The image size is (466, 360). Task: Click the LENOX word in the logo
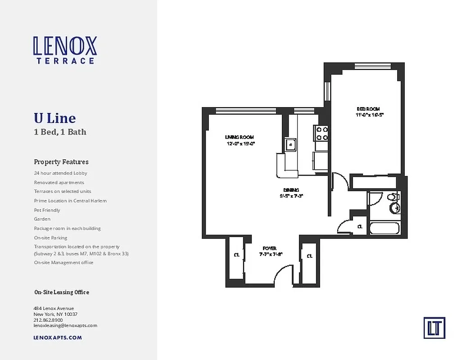pos(65,46)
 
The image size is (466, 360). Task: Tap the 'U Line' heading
pos(54,118)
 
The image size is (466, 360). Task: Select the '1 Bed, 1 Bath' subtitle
pos(60,132)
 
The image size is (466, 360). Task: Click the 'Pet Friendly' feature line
pos(47,210)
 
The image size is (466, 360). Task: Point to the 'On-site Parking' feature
pos(50,238)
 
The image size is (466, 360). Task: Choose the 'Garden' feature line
pos(42,219)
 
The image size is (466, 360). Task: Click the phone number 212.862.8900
pos(48,320)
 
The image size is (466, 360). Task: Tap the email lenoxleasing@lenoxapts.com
pos(65,325)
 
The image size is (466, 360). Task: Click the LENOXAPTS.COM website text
pos(58,337)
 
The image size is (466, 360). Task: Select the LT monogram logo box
pos(434,328)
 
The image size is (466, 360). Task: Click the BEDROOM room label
pos(368,109)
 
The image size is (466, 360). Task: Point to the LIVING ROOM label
pos(240,137)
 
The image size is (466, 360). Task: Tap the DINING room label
pos(291,190)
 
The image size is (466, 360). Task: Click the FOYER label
pos(269,248)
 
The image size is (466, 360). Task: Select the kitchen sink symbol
pos(290,145)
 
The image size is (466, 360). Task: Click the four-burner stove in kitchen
pos(321,134)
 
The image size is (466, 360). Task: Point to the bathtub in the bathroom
pos(384,228)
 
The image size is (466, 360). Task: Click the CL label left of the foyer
pos(236,255)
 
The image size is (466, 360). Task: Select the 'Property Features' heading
pos(61,162)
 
